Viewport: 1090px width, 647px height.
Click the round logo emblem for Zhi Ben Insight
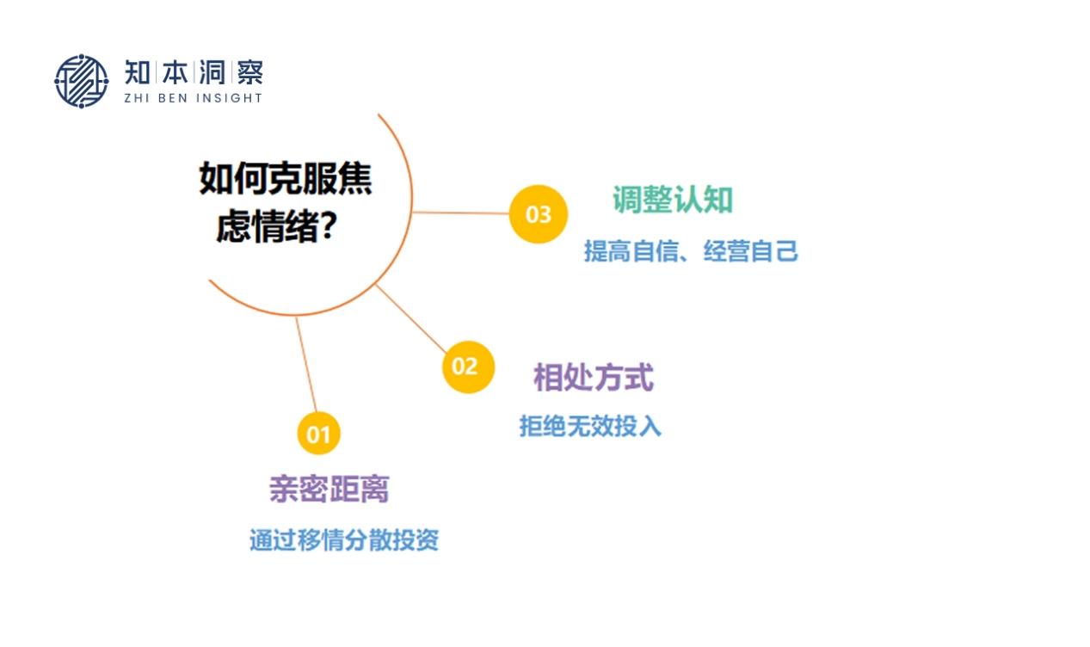click(81, 81)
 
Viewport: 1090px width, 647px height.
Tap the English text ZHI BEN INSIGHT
click(194, 98)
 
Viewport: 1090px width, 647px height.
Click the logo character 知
click(137, 72)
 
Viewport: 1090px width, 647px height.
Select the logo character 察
click(250, 72)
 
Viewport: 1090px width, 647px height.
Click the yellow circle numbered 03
click(539, 214)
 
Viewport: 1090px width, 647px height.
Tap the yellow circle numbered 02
click(468, 367)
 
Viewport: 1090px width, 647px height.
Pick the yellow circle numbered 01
click(318, 433)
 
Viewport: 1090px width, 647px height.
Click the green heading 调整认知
click(673, 200)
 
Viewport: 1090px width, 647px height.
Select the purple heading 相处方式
click(594, 378)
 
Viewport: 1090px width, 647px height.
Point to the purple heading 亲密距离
click(329, 489)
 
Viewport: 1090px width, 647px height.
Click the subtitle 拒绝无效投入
click(590, 426)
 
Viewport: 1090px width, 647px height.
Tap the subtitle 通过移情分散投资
click(344, 540)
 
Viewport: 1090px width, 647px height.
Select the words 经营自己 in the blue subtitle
click(751, 251)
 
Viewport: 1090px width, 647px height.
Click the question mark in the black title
click(329, 226)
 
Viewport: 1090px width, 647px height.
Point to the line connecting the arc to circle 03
click(461, 213)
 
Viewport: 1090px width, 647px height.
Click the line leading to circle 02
click(411, 318)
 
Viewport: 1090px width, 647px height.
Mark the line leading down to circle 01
click(306, 365)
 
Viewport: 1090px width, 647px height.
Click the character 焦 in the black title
click(354, 178)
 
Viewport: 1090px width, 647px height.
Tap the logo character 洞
click(212, 72)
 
